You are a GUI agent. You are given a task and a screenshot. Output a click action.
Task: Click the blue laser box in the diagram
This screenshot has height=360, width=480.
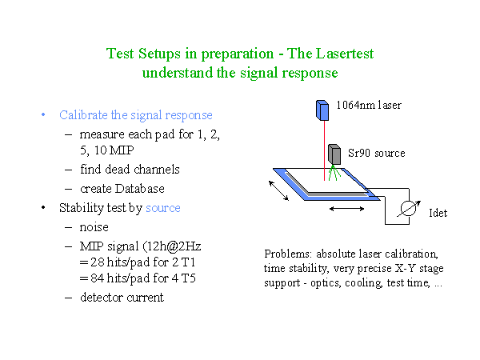coord(322,110)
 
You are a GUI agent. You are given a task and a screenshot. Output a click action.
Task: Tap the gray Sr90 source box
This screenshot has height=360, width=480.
coord(334,154)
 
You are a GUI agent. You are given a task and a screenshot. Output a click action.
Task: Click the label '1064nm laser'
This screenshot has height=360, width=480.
coord(369,105)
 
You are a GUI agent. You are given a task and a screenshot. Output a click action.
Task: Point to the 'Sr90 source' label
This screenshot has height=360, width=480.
coord(377,153)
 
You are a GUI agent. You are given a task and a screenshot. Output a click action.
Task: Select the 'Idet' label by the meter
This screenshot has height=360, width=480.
coord(438,213)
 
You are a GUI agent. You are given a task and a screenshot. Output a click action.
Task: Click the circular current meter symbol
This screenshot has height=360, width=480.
coord(408,208)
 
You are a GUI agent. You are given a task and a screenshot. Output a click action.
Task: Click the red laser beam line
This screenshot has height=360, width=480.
coord(325,150)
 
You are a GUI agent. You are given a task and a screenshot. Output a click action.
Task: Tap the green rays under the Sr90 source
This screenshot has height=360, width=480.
coord(334,173)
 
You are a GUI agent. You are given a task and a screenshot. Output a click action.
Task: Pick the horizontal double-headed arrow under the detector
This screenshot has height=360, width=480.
coord(347,209)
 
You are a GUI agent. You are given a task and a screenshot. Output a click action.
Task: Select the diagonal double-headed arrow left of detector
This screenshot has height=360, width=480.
coord(278,190)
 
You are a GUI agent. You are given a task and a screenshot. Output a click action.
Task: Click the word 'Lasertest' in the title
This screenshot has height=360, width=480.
coord(345,54)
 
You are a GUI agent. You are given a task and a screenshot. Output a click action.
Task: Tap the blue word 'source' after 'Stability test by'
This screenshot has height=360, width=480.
coord(163,208)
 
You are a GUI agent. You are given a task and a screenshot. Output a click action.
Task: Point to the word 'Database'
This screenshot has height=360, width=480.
coord(139,189)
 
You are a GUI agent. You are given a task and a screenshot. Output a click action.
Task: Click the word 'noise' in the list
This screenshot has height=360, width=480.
coord(94,227)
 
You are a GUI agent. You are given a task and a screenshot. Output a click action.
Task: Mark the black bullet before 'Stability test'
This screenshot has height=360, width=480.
coord(43,208)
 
